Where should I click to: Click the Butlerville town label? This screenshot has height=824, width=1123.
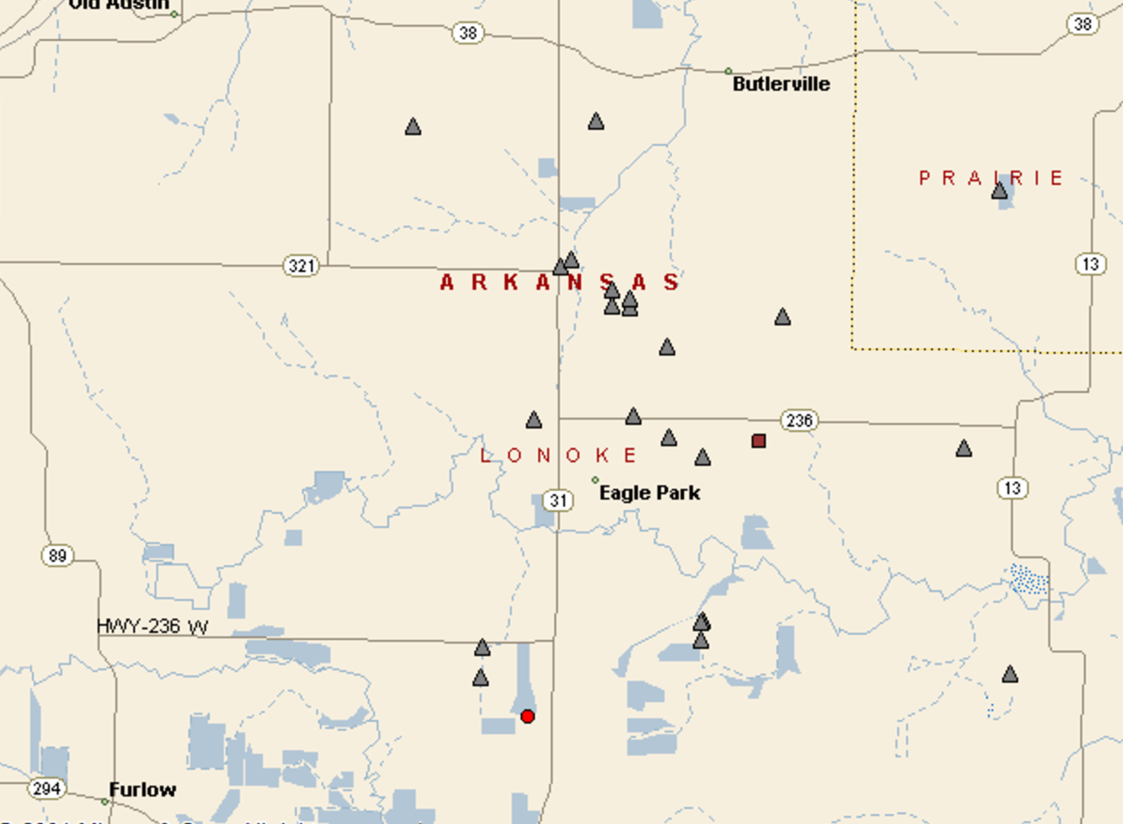pos(781,84)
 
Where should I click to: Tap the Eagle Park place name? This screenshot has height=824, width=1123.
pos(649,492)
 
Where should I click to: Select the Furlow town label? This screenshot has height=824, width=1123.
pos(142,789)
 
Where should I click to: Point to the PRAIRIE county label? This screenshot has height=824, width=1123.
pos(991,178)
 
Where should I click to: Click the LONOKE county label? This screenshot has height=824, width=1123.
pos(559,456)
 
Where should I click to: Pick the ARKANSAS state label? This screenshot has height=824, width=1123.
pos(560,283)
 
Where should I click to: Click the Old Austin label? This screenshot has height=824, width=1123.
pos(118,4)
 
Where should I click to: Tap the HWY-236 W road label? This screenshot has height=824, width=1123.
pos(152,627)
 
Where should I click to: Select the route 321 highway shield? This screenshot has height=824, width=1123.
pos(300,266)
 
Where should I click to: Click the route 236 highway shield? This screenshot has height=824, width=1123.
pos(799,420)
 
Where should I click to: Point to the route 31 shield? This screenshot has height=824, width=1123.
pos(557,500)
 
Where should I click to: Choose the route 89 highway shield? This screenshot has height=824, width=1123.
pos(57,556)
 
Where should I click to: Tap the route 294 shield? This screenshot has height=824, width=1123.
pos(46,788)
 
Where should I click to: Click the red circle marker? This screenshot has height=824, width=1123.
pos(528,716)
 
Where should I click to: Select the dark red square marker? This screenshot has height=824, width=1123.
pos(759,441)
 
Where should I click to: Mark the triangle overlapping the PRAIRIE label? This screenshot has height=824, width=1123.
pos(1000,190)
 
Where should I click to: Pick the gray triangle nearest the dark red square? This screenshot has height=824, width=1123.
pos(703,458)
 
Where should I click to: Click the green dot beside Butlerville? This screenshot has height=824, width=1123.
pos(729,71)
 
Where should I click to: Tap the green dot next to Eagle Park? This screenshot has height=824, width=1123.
pos(595,480)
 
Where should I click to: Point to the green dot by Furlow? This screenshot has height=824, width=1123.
pos(105,802)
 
